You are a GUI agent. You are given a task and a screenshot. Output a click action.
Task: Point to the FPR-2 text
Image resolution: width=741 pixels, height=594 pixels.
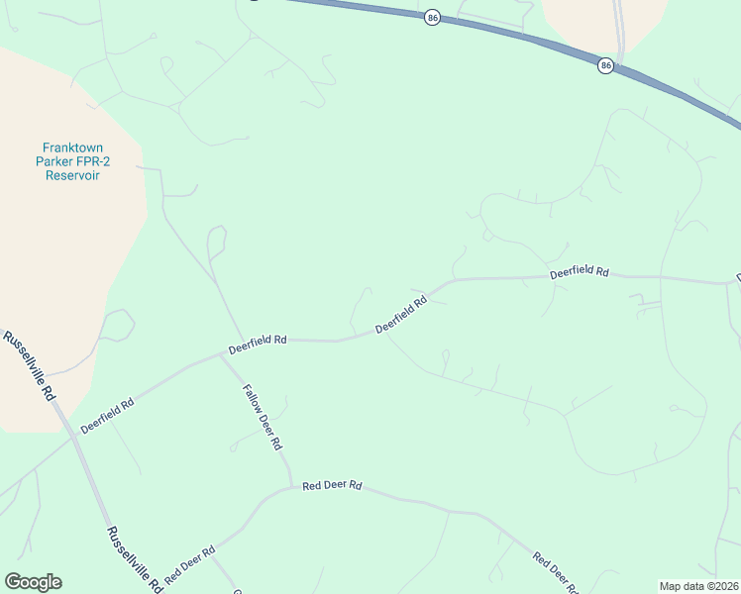(x=95, y=160)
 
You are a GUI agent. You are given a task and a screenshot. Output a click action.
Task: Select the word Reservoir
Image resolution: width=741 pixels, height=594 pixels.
(x=73, y=175)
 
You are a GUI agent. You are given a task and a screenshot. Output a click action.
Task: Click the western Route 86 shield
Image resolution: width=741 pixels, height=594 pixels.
(x=432, y=18)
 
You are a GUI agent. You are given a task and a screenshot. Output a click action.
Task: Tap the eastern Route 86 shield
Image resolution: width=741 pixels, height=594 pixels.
(x=605, y=65)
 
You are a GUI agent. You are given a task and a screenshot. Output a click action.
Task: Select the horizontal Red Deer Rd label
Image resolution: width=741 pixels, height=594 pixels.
(x=333, y=486)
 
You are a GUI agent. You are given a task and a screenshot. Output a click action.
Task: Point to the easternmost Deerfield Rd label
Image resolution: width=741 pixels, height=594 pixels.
(x=579, y=271)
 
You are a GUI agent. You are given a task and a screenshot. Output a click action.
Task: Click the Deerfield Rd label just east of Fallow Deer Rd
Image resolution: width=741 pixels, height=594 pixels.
(x=258, y=345)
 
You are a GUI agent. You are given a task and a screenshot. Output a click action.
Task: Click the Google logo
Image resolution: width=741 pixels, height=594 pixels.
(x=33, y=582)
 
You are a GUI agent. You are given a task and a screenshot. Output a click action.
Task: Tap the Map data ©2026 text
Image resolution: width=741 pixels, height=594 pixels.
(x=698, y=586)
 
